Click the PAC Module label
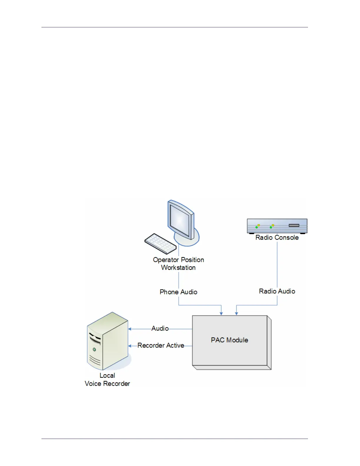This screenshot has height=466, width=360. point(229,340)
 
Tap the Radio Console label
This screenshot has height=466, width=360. point(277,237)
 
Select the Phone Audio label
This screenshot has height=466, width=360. point(178,292)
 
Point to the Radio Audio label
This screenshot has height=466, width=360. point(277,291)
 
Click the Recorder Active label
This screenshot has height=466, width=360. point(161,345)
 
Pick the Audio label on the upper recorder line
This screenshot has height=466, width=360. point(160,328)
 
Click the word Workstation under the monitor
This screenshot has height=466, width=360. point(178,268)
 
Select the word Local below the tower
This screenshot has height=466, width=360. point(107,375)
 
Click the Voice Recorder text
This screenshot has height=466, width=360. point(107,384)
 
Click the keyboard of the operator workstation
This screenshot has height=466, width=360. point(160,243)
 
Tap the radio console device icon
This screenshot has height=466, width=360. point(277,226)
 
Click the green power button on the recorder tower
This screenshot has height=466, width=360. point(94,349)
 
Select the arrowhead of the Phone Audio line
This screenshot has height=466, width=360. point(221,314)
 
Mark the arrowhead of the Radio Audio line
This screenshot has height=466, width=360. point(236,314)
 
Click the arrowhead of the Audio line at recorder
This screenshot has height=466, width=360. point(130,329)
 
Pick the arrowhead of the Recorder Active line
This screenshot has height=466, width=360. point(130,346)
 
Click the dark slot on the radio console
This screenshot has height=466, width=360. point(294,225)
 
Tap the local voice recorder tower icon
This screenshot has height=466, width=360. point(108,341)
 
